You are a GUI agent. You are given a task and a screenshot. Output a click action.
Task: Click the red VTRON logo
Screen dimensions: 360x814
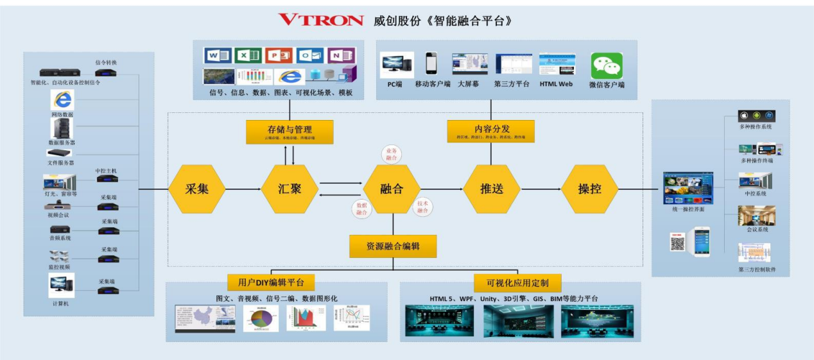tap(320, 20)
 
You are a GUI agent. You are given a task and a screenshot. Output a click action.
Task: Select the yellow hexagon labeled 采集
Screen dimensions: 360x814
tap(197, 189)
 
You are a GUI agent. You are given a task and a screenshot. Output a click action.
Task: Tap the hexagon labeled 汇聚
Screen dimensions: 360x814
tap(290, 189)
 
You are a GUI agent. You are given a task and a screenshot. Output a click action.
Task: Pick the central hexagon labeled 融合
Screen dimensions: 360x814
tap(392, 189)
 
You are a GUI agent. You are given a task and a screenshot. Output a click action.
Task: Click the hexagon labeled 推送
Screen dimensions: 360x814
tap(492, 189)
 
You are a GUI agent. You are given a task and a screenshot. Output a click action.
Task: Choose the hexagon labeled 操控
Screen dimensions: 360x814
tap(589, 189)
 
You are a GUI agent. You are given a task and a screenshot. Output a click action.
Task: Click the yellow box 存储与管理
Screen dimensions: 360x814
tap(290, 132)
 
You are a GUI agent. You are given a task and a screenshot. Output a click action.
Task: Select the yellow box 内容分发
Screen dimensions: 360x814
tap(491, 131)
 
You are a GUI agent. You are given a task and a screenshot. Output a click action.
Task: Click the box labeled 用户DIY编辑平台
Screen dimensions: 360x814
tap(271, 282)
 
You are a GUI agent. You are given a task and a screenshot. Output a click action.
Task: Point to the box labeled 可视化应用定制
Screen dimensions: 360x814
tap(517, 283)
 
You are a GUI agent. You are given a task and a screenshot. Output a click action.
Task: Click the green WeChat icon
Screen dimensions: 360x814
tap(607, 66)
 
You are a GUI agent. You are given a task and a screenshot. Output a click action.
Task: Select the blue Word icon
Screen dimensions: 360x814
tap(217, 56)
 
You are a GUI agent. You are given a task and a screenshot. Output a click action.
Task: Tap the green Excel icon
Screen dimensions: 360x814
tap(247, 56)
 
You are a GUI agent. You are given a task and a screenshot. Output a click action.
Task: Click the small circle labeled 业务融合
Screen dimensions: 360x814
tap(391, 154)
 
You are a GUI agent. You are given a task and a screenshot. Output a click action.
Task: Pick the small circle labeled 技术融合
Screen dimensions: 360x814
tap(422, 207)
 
